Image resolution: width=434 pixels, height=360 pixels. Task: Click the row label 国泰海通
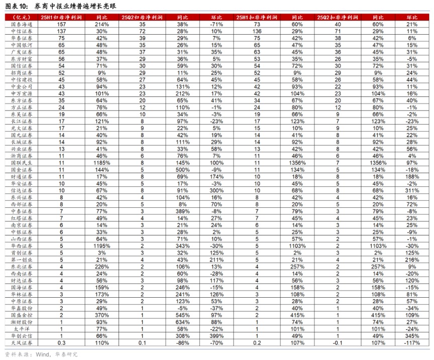[22, 24]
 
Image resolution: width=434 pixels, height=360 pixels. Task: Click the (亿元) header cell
[21, 17]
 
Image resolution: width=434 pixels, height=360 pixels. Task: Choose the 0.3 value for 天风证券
[62, 343]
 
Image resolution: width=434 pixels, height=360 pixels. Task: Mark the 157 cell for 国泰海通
[62, 24]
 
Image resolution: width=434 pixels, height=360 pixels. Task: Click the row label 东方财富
[22, 59]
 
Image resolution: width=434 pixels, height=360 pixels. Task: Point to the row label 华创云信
[22, 335]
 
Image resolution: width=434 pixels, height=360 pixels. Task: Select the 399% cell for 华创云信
[218, 335]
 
